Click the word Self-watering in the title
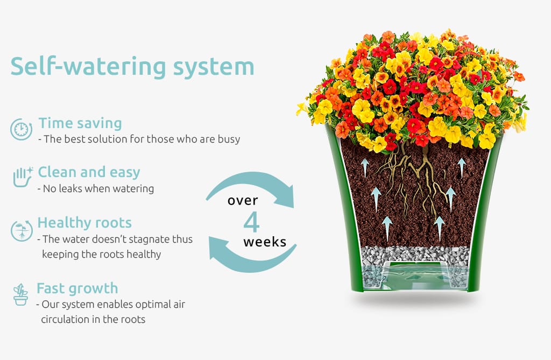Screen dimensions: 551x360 [x=88, y=66]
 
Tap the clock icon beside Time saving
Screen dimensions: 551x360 [x=21, y=129]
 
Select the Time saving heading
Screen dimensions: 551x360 [x=80, y=123]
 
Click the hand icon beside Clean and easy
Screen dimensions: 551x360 [x=23, y=177]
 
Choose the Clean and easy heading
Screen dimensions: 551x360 [x=89, y=172]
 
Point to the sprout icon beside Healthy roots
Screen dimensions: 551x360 [x=22, y=231]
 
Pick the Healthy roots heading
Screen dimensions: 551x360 [x=84, y=223]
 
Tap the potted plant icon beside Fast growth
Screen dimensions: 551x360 [x=21, y=294]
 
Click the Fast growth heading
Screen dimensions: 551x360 [x=77, y=288]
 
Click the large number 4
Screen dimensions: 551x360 [x=252, y=222]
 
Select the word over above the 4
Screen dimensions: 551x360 [x=243, y=201]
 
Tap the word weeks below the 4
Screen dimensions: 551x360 [x=265, y=242]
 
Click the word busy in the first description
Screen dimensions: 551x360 [x=229, y=139]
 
